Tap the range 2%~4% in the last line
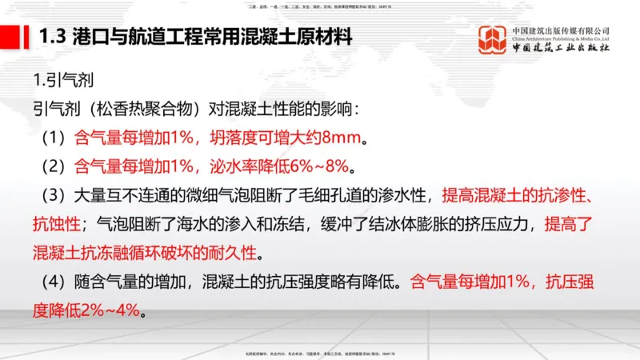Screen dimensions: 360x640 pyautogui.click(x=109, y=311)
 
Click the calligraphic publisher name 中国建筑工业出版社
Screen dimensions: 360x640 pyautogui.click(x=561, y=51)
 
